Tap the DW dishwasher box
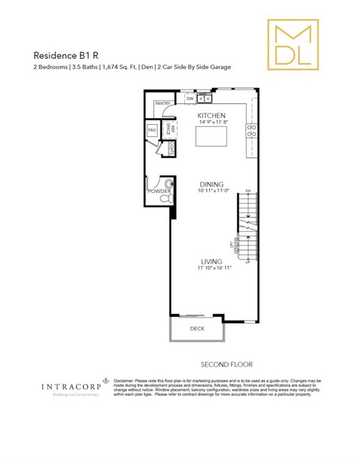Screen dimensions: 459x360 190,99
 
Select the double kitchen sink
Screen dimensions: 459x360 204,98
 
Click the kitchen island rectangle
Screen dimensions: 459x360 212,134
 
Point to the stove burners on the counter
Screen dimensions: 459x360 252,131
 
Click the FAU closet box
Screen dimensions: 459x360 152,130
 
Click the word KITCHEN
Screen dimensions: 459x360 212,115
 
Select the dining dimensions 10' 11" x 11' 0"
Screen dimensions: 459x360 212,191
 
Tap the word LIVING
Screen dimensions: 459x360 212,261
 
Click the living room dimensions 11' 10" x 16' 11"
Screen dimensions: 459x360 212,268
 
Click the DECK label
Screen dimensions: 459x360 196,329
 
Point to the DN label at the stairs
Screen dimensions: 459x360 248,191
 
